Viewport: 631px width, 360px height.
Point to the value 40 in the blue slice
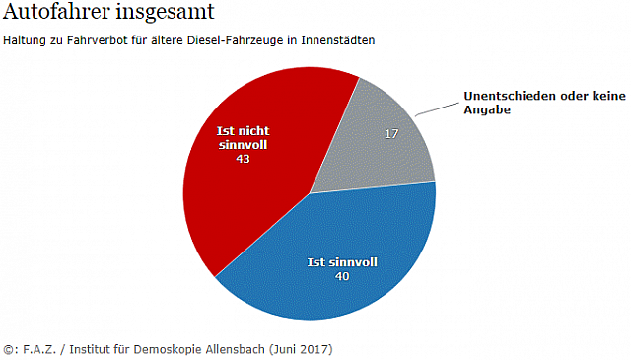(x=342, y=276)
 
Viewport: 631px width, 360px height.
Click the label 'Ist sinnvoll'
(x=342, y=262)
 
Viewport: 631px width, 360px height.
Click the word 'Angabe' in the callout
(x=484, y=110)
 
